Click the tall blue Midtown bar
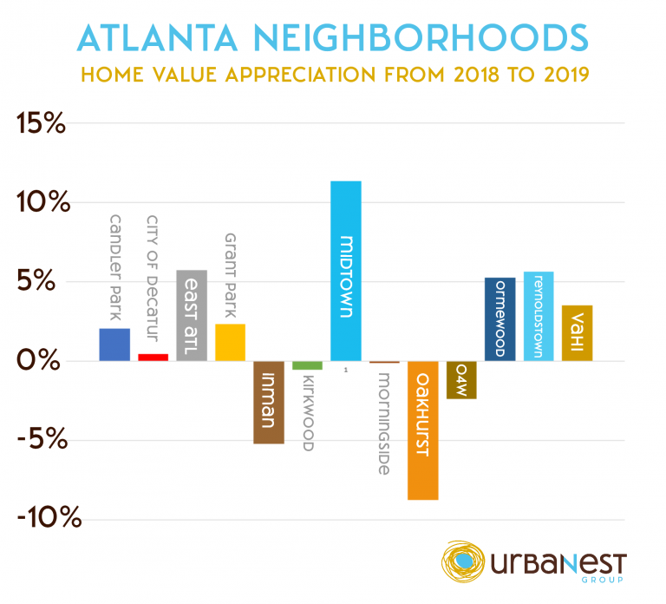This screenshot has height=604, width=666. click(x=346, y=270)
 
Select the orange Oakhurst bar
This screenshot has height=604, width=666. click(x=423, y=430)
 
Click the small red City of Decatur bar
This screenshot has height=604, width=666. click(x=153, y=357)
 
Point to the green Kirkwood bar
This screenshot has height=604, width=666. click(x=307, y=365)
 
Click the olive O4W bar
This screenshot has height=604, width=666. click(x=461, y=380)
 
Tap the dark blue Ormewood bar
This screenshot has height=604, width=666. click(x=499, y=319)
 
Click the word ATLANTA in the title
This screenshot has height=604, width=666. click(x=169, y=39)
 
